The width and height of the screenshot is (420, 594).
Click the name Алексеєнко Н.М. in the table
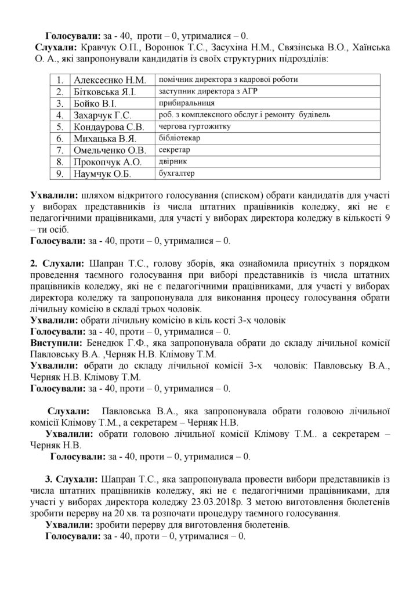pos(110,79)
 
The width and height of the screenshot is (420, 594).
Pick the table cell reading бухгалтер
pos(175,173)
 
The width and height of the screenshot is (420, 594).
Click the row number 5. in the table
pos(60,126)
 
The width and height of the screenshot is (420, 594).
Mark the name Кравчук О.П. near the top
pos(99,46)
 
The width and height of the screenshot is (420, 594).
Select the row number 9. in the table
pos(60,173)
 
